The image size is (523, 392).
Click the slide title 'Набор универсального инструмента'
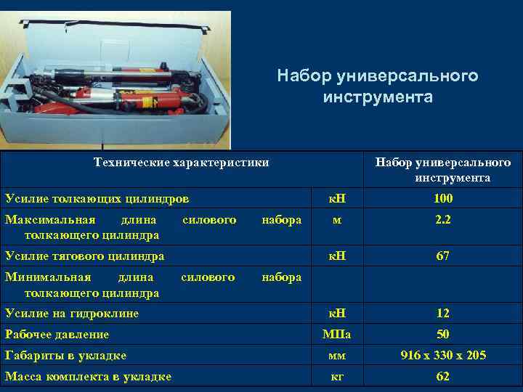coord(378,86)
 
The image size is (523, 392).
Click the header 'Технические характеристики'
coord(182,163)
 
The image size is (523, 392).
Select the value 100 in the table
coord(442,199)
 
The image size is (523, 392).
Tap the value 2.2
coord(442,220)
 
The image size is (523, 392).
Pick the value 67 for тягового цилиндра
coord(442,256)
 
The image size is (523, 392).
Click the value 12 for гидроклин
coord(442,314)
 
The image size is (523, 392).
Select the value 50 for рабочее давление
coord(442,335)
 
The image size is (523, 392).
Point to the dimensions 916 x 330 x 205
coord(442,356)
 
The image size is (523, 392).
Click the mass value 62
coord(442,377)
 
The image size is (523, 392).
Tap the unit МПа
coord(336,335)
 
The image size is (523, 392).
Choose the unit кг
coord(336,377)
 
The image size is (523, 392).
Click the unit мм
coord(336,356)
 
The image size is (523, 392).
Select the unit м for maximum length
coord(336,220)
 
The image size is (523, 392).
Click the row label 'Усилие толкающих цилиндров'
coord(97,199)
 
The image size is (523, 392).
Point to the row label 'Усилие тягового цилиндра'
coord(84,256)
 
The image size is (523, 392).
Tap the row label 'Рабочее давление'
coord(57,335)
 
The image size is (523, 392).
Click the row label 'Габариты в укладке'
coord(65,356)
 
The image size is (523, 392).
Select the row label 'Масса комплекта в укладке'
coord(88,377)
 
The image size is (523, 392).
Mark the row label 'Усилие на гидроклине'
coord(72,314)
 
